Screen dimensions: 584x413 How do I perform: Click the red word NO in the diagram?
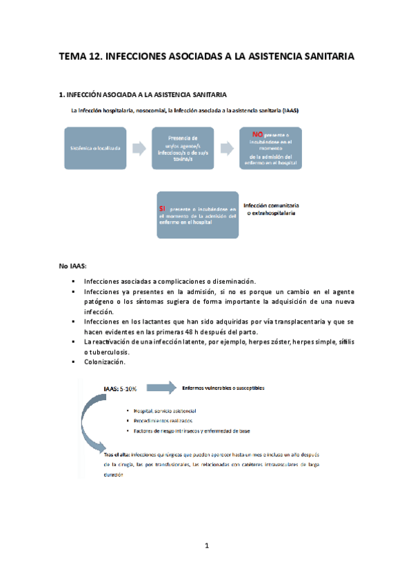258,134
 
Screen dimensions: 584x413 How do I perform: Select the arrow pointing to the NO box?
227,147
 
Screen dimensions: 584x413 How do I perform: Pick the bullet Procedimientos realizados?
163,419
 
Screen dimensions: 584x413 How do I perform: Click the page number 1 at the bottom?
206,546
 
